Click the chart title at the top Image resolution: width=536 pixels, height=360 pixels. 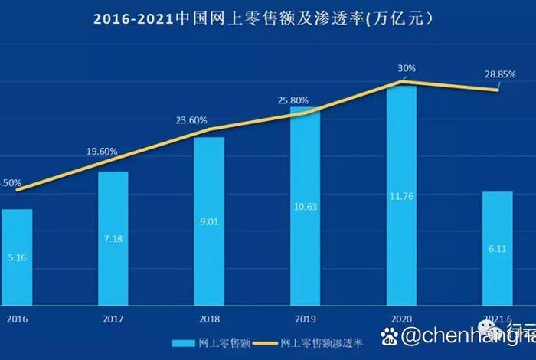coord(268,18)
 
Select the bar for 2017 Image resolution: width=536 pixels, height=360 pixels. coord(113,237)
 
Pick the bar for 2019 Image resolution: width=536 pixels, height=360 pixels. coord(305,207)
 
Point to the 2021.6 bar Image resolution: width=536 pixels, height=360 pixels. coord(498,247)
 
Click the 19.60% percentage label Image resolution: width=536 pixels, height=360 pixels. coord(101,152)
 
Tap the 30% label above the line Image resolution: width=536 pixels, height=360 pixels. coord(407,69)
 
